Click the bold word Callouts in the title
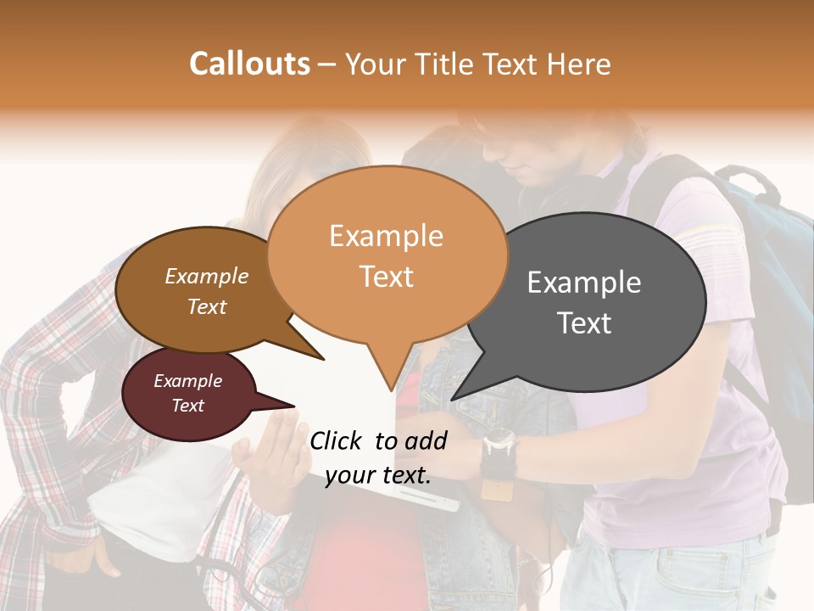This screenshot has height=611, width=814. (249, 64)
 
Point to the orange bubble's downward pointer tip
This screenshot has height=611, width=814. (391, 390)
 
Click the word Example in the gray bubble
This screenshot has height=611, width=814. (584, 283)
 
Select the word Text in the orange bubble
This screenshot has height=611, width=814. (387, 277)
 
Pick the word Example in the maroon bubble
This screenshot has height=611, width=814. (187, 381)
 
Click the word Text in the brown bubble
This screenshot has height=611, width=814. (207, 306)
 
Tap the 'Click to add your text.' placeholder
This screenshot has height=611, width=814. (378, 457)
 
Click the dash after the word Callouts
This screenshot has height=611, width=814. (327, 64)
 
